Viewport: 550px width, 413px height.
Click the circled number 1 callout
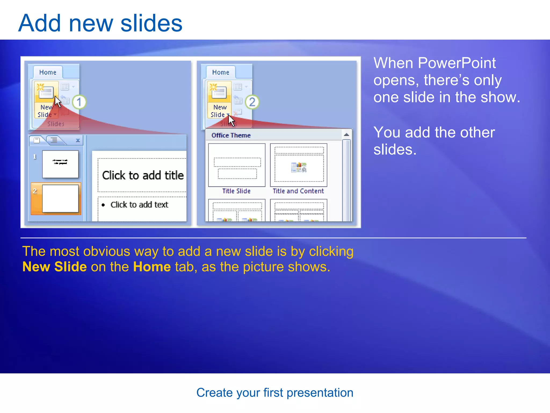click(79, 102)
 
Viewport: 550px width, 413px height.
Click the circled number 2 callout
click(252, 102)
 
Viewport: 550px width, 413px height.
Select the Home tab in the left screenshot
click(48, 72)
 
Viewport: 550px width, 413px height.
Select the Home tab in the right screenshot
click(221, 72)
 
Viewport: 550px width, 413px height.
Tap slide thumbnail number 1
click(60, 164)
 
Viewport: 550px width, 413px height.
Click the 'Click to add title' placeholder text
click(143, 176)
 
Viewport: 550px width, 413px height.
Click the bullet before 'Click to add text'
click(103, 205)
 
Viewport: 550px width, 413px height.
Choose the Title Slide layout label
click(236, 191)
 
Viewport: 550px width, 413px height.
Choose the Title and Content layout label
click(298, 191)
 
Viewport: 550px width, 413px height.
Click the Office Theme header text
click(231, 136)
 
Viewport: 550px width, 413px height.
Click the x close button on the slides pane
click(78, 140)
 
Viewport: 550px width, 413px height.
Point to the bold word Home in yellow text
click(152, 267)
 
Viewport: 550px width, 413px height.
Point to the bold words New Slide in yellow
click(55, 267)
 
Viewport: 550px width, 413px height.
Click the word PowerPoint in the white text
click(457, 63)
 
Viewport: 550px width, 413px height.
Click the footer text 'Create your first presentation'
click(275, 393)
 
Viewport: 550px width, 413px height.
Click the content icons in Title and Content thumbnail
click(299, 168)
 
